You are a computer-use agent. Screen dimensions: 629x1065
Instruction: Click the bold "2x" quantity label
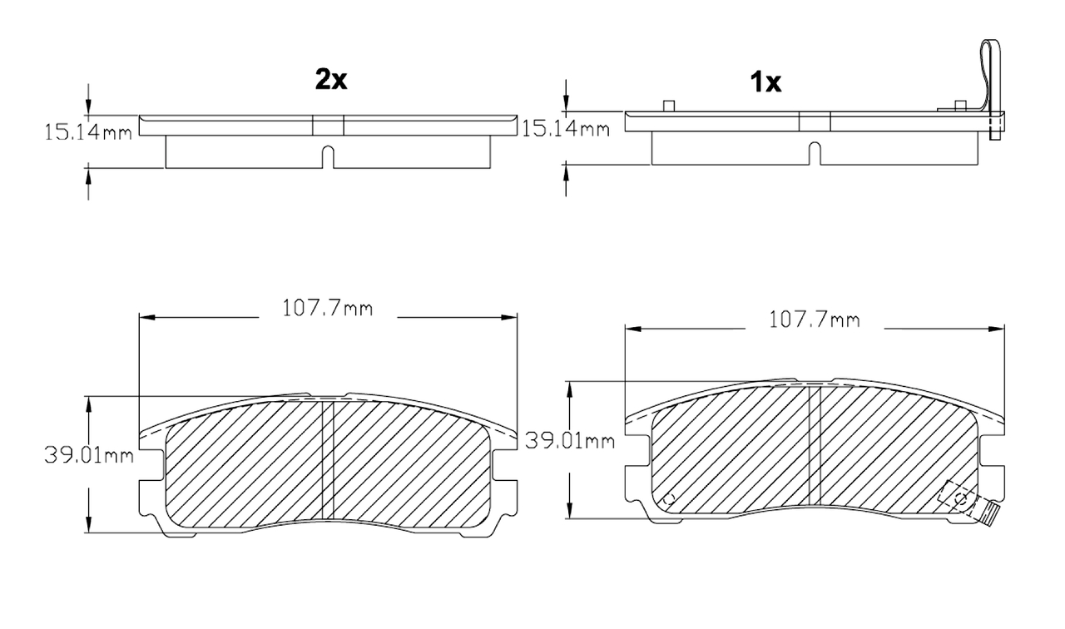tap(330, 80)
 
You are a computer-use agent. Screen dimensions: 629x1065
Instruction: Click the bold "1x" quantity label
tap(765, 82)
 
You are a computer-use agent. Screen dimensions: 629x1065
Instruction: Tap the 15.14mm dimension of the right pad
tap(565, 128)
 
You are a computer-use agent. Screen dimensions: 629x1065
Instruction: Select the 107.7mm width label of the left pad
tap(327, 309)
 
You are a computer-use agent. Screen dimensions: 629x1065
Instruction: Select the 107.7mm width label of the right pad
tap(815, 320)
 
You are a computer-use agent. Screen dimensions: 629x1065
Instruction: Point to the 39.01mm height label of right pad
tap(570, 441)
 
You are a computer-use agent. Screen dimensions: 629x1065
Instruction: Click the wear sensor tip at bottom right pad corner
tap(988, 517)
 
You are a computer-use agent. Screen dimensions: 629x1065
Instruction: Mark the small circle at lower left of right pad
tap(667, 499)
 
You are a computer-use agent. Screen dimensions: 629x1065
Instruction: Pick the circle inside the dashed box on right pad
tap(960, 499)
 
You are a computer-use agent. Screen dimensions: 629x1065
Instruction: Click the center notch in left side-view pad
tap(328, 156)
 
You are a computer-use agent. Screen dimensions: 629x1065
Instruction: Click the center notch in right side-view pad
tap(815, 153)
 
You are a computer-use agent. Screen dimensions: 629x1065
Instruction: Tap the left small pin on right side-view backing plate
tap(667, 105)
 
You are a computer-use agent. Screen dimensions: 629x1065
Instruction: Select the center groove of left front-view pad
tap(327, 462)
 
